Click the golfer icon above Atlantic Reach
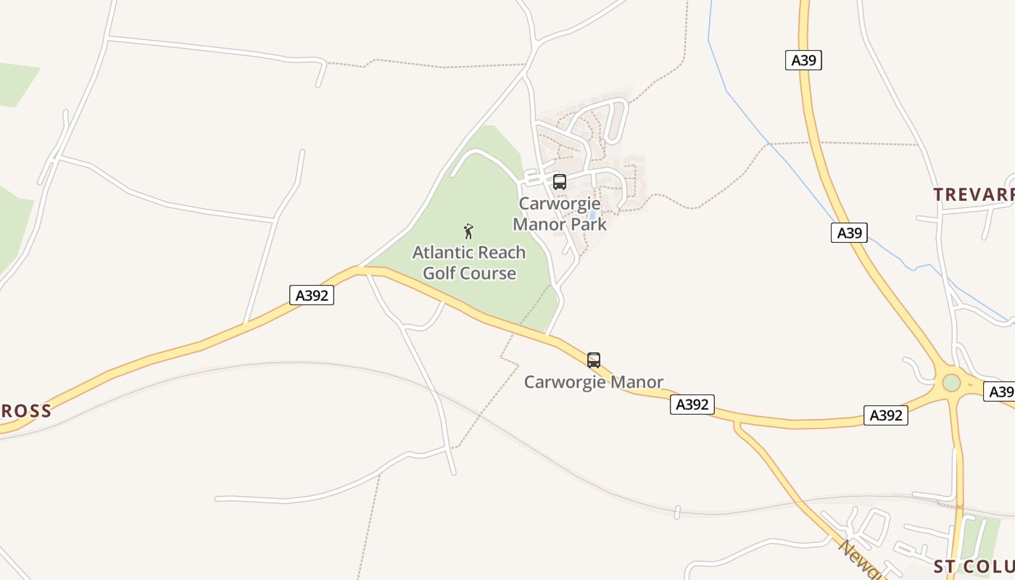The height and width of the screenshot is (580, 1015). pyautogui.click(x=468, y=231)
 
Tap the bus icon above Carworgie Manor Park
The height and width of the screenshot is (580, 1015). pyautogui.click(x=559, y=182)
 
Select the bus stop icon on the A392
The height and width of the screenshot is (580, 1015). pyautogui.click(x=594, y=360)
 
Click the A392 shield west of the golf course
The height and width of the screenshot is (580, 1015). pyautogui.click(x=312, y=295)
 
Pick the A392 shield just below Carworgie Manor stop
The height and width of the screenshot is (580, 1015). pyautogui.click(x=692, y=405)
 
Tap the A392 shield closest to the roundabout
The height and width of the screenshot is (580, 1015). pyautogui.click(x=886, y=415)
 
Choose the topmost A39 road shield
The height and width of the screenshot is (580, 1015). pyautogui.click(x=803, y=60)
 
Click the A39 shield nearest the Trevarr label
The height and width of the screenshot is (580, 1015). pyautogui.click(x=849, y=233)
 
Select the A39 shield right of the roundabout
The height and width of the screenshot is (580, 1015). pyautogui.click(x=1000, y=391)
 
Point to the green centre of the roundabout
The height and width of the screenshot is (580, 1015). pyautogui.click(x=951, y=382)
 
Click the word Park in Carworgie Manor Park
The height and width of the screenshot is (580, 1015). pyautogui.click(x=588, y=224)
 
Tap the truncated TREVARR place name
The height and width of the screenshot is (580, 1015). pyautogui.click(x=973, y=194)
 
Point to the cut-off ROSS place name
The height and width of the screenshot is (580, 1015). pyautogui.click(x=26, y=411)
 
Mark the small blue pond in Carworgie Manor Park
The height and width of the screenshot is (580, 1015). pyautogui.click(x=593, y=215)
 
